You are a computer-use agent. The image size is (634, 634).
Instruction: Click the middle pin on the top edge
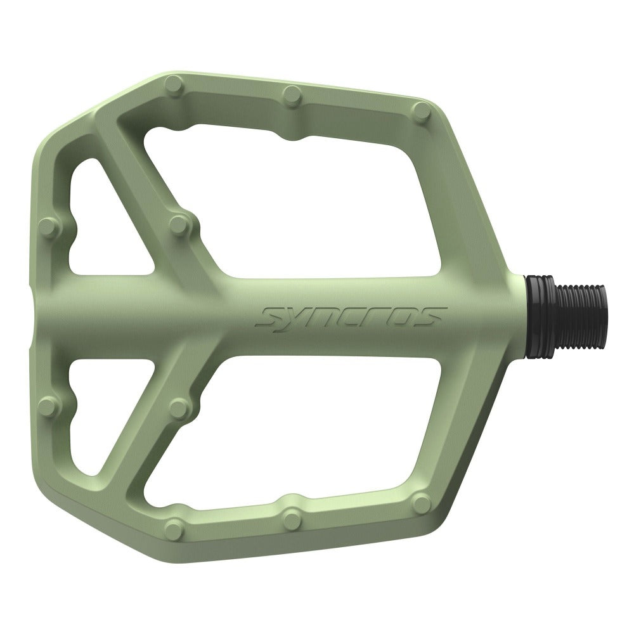coord(291,94)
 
